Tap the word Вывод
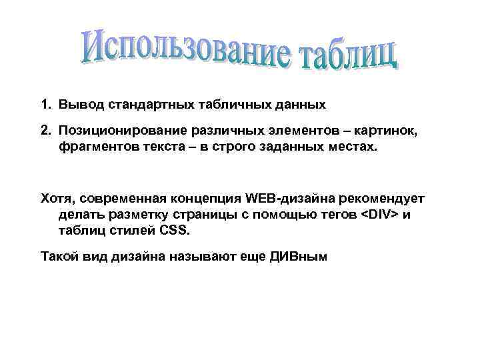[78, 105]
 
